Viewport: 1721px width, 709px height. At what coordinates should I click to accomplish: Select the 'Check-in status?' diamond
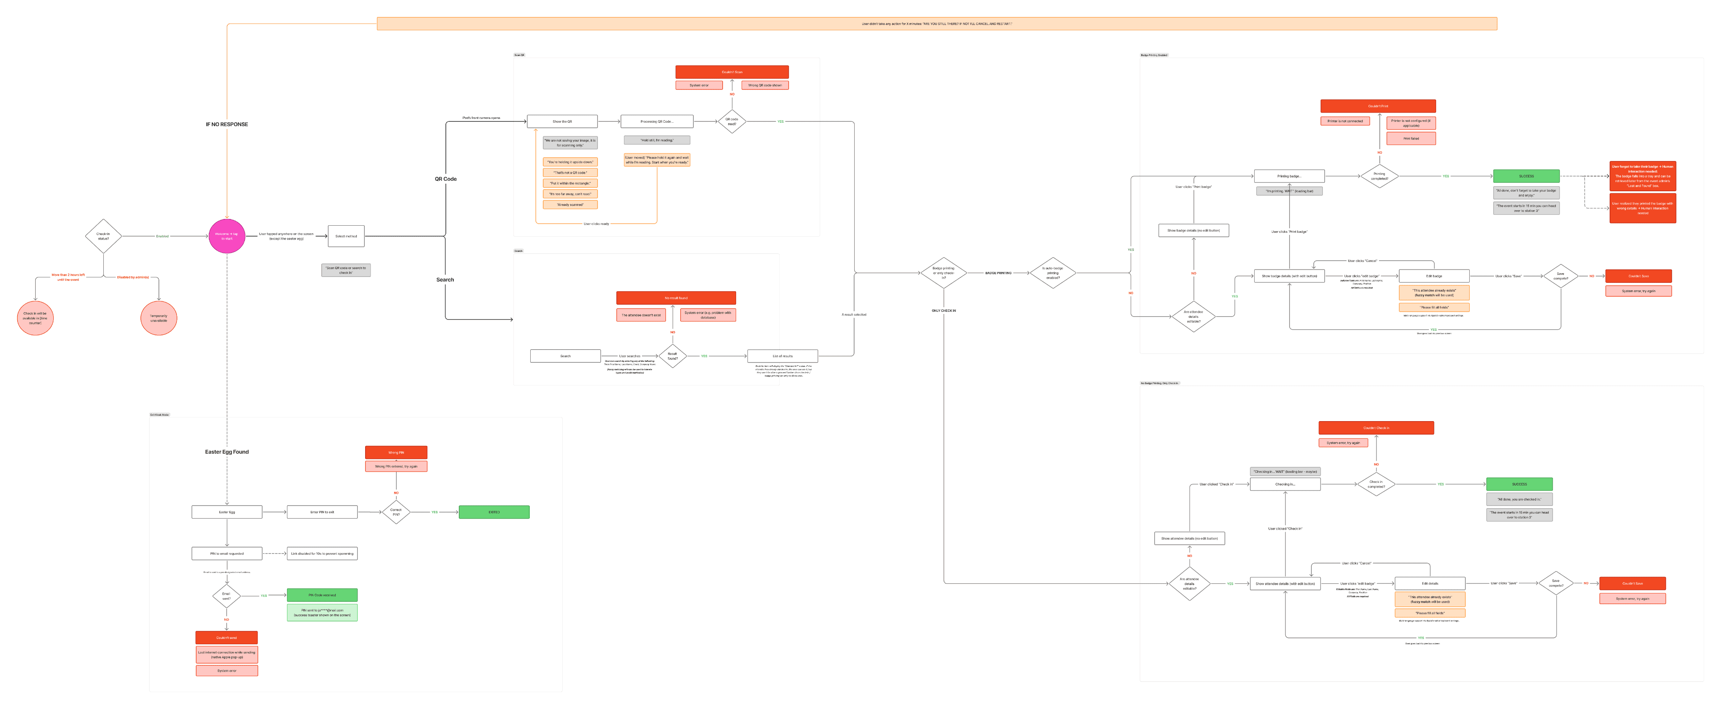103,236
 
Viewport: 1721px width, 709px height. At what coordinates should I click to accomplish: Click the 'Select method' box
346,236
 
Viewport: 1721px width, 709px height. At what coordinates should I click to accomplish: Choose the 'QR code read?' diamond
732,121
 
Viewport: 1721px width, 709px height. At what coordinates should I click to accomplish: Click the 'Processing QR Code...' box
657,121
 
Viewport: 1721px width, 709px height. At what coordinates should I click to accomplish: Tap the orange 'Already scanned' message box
570,205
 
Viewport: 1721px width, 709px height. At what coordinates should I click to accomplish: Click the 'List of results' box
782,356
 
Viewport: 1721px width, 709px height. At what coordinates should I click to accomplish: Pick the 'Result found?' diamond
672,356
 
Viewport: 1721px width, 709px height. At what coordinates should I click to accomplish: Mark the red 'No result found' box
676,298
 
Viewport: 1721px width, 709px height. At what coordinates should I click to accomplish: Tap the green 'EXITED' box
494,512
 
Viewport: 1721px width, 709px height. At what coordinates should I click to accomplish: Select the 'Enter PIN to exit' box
322,512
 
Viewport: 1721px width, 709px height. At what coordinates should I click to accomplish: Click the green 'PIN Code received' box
322,595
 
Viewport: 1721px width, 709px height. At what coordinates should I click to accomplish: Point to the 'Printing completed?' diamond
1379,176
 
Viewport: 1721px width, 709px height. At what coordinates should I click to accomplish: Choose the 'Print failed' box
1411,138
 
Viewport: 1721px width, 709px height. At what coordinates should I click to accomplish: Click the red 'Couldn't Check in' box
1376,428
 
